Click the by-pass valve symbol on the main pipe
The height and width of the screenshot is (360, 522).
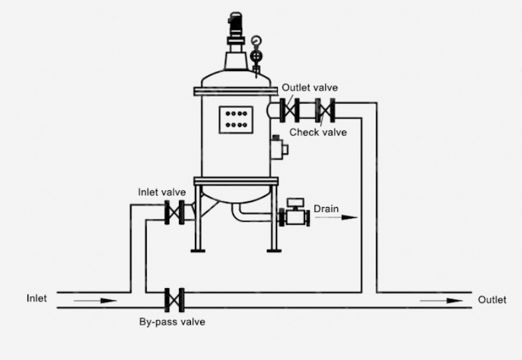click(x=174, y=299)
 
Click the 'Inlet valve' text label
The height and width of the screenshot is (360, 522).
click(x=162, y=192)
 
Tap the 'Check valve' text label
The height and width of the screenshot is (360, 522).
click(x=318, y=132)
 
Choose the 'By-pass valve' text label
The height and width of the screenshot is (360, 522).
click(x=172, y=322)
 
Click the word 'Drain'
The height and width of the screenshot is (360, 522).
click(x=326, y=209)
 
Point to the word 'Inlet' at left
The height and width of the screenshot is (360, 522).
click(x=37, y=298)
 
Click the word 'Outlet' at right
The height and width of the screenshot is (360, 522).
click(x=492, y=300)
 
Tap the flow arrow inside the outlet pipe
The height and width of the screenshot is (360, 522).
click(x=442, y=301)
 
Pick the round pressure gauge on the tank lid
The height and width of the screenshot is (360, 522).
click(x=256, y=42)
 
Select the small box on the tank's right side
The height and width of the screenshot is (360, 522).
click(x=277, y=146)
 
